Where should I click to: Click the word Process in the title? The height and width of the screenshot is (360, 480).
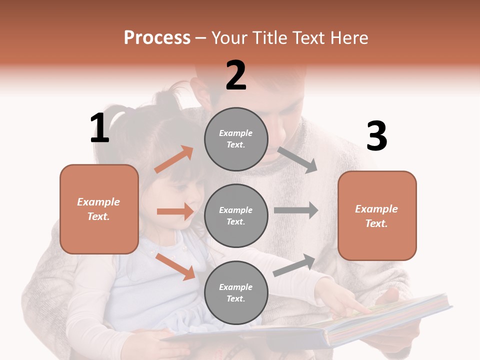coord(157,37)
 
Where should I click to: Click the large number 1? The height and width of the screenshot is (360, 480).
coord(99,128)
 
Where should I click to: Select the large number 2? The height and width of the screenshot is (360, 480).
coord(236,75)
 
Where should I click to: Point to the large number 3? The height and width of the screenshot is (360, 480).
coord(376,136)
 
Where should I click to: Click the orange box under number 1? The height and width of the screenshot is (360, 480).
coord(99,209)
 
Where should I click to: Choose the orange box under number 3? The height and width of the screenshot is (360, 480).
coord(377,215)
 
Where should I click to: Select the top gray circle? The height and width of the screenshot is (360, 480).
coord(236,139)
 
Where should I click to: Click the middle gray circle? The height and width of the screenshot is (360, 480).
coord(236,215)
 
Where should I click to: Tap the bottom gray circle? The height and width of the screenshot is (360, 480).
coord(236,292)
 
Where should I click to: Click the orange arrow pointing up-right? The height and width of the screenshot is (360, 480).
coord(174,159)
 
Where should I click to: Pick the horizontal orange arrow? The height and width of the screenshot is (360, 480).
coord(175,211)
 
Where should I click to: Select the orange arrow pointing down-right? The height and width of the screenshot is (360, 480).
coord(175,266)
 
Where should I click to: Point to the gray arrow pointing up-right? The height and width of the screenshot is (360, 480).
coord(294,265)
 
